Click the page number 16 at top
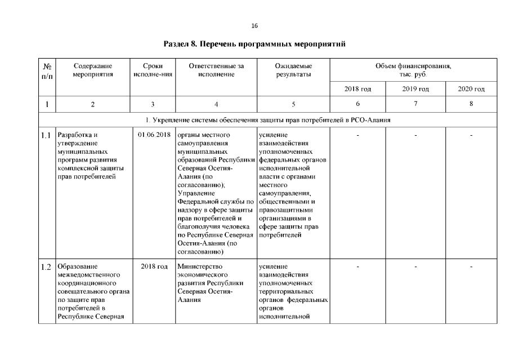click(x=254, y=26)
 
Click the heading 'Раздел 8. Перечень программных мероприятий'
click(x=254, y=43)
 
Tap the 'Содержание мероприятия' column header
click(x=93, y=70)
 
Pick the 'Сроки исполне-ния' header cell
click(x=153, y=70)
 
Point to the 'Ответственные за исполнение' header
click(x=216, y=70)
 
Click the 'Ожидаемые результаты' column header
click(x=293, y=70)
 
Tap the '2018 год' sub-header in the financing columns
click(x=358, y=89)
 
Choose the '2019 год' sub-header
click(x=416, y=89)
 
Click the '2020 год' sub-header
click(x=471, y=89)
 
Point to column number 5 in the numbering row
click(x=293, y=104)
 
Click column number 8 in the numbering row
click(x=471, y=104)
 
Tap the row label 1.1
click(x=46, y=135)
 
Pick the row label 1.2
click(x=46, y=266)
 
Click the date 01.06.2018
click(x=154, y=135)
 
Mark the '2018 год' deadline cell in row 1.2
click(x=154, y=266)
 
